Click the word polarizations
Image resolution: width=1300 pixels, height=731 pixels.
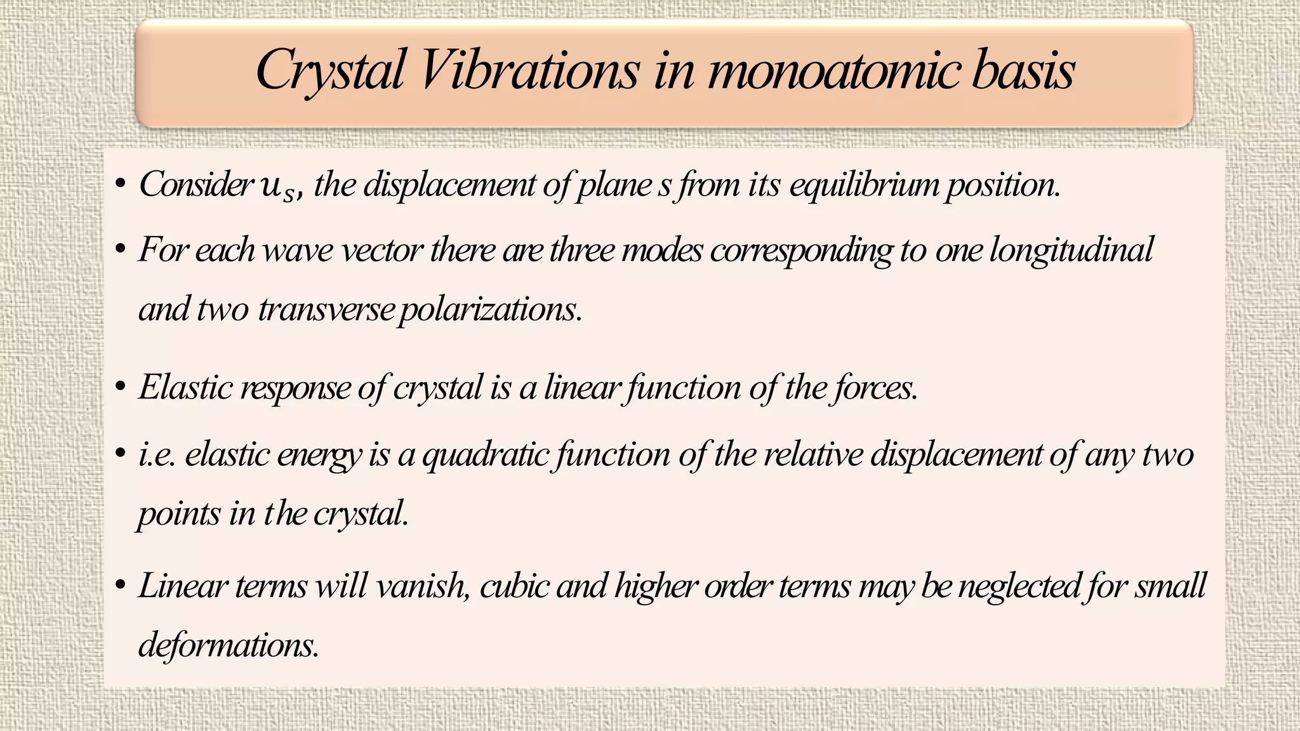coord(491,310)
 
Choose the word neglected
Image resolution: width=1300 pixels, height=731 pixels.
coord(1018,585)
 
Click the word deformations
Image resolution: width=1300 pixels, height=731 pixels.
coord(228,645)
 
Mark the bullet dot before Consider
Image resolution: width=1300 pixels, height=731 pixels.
coord(120,185)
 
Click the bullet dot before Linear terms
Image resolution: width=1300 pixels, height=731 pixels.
coord(120,586)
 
